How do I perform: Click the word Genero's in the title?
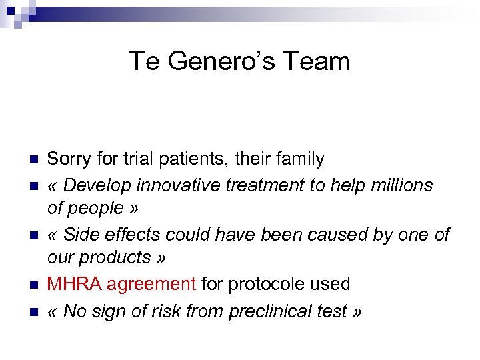[213, 61]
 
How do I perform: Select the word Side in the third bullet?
[83, 235]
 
